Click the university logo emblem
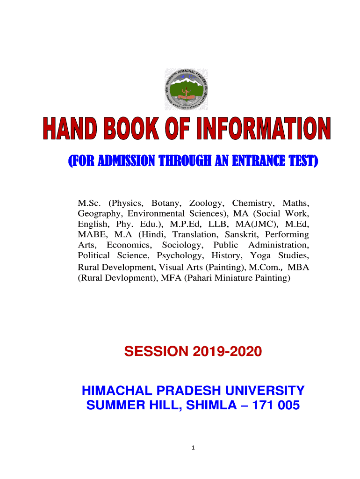[186, 89]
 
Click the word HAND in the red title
[70, 128]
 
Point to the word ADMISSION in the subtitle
[126, 161]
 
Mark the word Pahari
[200, 278]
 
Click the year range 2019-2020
[227, 351]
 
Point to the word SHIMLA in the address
[211, 405]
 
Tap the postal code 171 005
[276, 405]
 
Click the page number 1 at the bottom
[193, 448]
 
